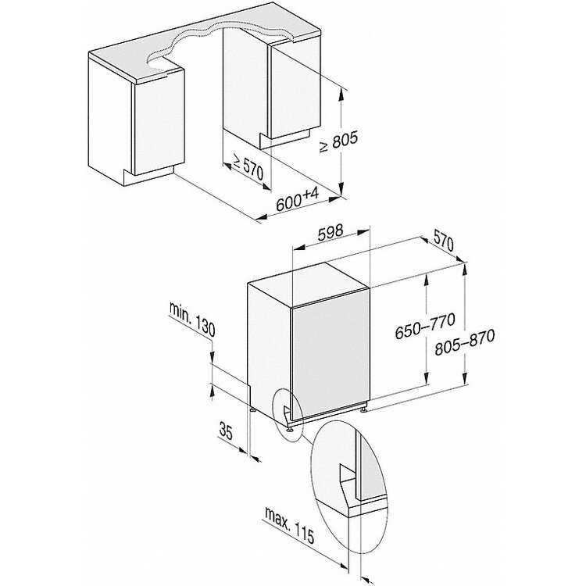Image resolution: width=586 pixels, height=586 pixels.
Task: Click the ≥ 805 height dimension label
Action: [x=338, y=141]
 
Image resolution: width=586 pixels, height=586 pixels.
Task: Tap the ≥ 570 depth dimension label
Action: [x=248, y=166]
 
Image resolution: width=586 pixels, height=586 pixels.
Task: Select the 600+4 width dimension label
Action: [x=298, y=198]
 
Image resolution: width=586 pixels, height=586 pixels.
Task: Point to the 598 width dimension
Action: [x=331, y=233]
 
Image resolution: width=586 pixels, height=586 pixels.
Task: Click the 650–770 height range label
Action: [x=425, y=326]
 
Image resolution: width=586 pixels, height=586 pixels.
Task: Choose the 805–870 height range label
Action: [x=465, y=342]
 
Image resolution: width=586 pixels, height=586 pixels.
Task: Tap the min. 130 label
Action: [x=192, y=319]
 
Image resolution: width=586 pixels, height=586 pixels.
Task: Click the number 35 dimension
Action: [x=226, y=431]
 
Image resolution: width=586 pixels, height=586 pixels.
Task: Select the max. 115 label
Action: [x=289, y=525]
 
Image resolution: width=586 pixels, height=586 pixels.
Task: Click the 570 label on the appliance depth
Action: [x=444, y=242]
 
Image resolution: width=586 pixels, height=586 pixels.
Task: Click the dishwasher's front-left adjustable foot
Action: [x=290, y=429]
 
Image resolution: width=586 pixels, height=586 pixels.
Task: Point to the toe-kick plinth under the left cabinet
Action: [x=148, y=177]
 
